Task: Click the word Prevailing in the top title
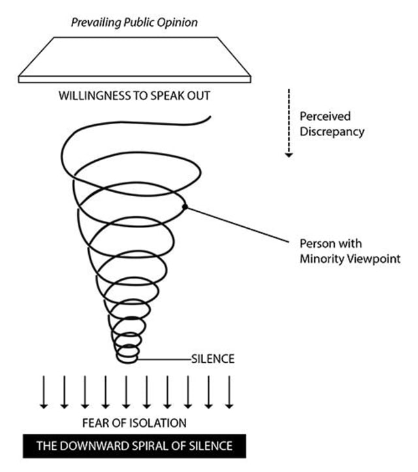(96, 23)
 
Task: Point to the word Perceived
(325, 116)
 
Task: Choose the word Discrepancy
(332, 132)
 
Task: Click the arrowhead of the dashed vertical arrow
(289, 155)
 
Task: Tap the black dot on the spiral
(185, 207)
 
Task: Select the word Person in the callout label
(315, 244)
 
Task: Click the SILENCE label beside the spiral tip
(213, 359)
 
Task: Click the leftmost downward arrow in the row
(44, 392)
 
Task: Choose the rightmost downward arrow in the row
(229, 392)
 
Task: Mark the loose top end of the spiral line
(210, 116)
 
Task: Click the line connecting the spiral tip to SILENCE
(164, 359)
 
